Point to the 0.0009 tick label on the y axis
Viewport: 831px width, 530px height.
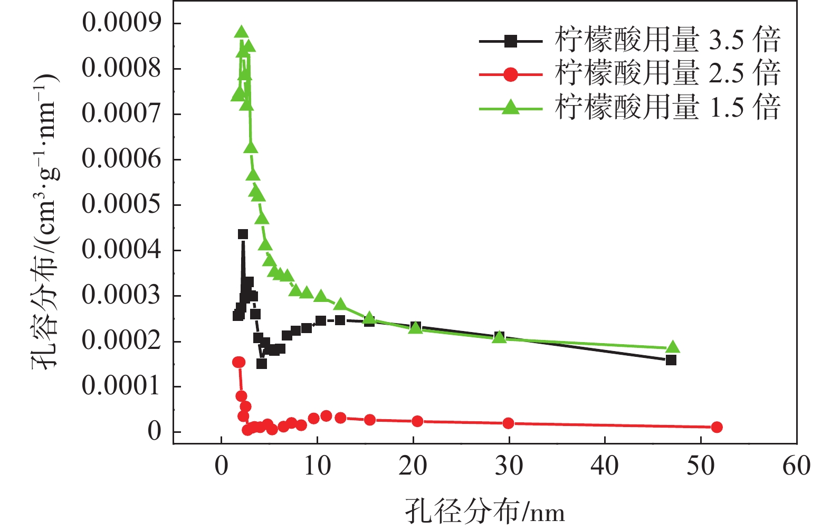coord(121,23)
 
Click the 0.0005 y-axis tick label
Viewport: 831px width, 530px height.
coord(121,204)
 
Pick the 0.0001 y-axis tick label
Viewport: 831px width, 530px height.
coord(121,386)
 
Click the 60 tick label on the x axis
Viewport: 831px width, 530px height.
coord(796,467)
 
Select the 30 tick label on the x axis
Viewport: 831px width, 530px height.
coord(509,467)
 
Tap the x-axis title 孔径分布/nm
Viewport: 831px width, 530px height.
coord(485,512)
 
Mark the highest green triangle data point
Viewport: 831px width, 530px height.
coord(241,33)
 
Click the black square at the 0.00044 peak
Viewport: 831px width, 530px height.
coord(243,234)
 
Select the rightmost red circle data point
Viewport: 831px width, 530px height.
coord(716,427)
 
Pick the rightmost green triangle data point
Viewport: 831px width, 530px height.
coord(673,347)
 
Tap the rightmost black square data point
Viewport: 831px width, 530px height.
coord(671,360)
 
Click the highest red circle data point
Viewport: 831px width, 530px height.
coord(238,362)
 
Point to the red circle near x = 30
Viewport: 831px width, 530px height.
coord(508,423)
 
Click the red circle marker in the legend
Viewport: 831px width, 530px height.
coord(510,74)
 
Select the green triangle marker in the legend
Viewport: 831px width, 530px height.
coord(510,108)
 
